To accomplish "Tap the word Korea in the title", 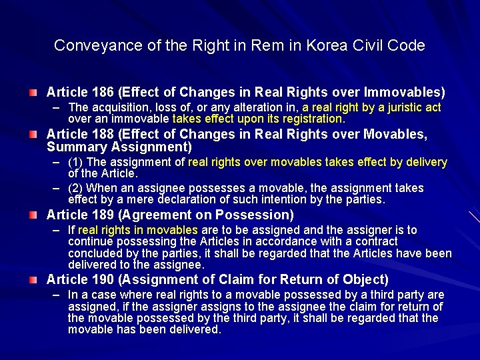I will coord(322,46).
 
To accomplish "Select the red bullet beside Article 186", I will coord(33,91).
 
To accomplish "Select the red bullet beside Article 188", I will coord(33,134).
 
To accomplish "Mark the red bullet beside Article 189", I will coord(33,215).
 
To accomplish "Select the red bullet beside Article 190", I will coord(33,279).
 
